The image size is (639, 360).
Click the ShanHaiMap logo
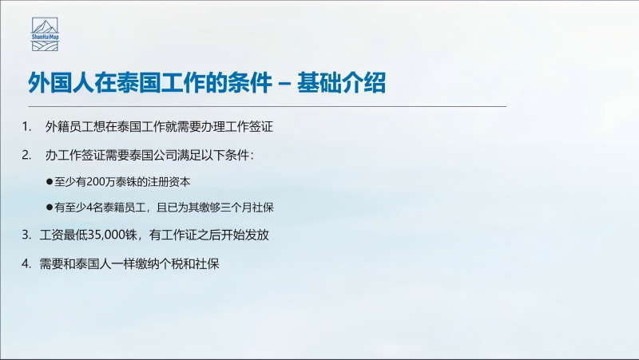46,34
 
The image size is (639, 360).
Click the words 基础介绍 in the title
341,83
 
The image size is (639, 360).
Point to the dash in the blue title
284,84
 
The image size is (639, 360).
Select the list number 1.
26,127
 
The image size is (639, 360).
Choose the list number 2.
26,155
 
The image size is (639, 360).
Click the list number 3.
26,235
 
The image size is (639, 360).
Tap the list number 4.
26,264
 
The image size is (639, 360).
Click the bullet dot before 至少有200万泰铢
50,182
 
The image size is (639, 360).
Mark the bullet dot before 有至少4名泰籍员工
50,208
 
